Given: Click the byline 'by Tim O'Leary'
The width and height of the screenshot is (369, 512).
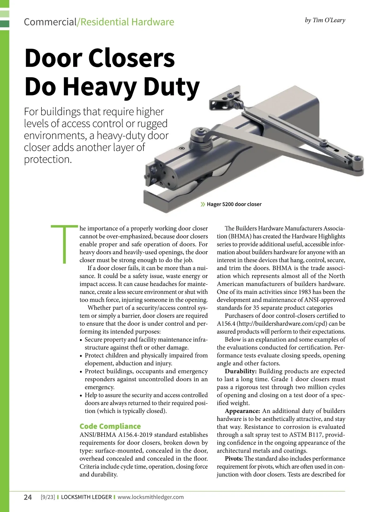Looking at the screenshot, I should point(325,20).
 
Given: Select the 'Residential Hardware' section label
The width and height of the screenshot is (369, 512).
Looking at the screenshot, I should point(127,22).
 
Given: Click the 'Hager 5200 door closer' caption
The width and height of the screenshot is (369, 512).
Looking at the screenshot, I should point(234,204).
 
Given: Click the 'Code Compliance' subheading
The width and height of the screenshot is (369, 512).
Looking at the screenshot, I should point(110,426).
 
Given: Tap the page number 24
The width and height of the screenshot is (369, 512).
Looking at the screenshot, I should point(28,497).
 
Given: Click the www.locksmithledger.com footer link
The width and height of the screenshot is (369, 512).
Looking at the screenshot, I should point(151,497).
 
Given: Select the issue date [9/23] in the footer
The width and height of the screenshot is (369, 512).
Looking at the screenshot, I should point(48,497).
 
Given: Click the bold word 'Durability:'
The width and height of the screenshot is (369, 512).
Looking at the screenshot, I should point(240,371).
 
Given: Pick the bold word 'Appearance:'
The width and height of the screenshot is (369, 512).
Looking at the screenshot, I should point(242,411).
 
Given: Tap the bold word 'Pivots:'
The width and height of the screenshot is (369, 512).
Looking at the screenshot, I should point(234,458).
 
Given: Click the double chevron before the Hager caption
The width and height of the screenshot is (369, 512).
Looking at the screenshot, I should point(203,204).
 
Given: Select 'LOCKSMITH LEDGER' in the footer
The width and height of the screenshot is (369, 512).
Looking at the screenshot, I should point(86,497).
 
